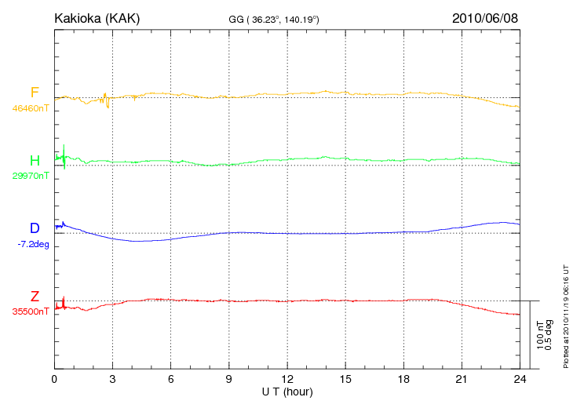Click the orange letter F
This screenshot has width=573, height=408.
[x=35, y=93]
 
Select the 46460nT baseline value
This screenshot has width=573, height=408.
[x=31, y=107]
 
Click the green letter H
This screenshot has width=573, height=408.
[x=35, y=161]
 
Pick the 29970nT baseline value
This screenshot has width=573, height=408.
[x=31, y=176]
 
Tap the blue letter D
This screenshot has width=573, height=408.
[x=35, y=228]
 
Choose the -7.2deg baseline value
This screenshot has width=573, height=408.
[x=32, y=243]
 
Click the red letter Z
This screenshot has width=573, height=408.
[x=35, y=297]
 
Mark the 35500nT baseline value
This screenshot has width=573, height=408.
[x=31, y=311]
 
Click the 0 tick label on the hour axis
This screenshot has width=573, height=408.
[x=54, y=380]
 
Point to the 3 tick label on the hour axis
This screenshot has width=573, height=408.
[x=112, y=380]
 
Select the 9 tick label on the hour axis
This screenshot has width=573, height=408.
[x=228, y=380]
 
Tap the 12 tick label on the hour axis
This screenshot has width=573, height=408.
[x=286, y=380]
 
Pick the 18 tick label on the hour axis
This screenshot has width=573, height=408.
[x=403, y=380]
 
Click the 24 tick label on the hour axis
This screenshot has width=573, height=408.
[x=519, y=380]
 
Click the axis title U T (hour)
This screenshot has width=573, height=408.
[x=286, y=392]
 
